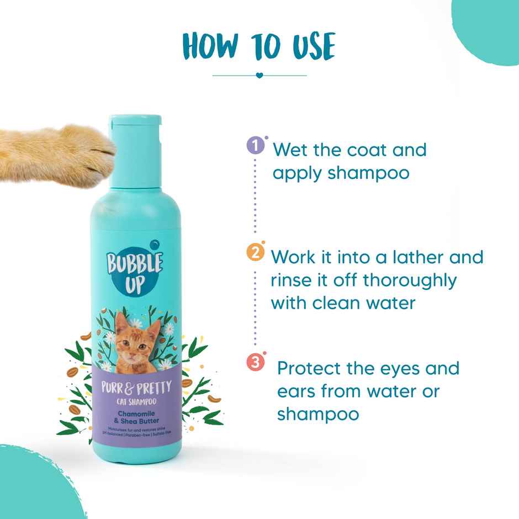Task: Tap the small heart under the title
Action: point(259,75)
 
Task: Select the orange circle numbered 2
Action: point(255,253)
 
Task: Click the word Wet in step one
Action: point(293,150)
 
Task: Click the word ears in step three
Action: point(299,391)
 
